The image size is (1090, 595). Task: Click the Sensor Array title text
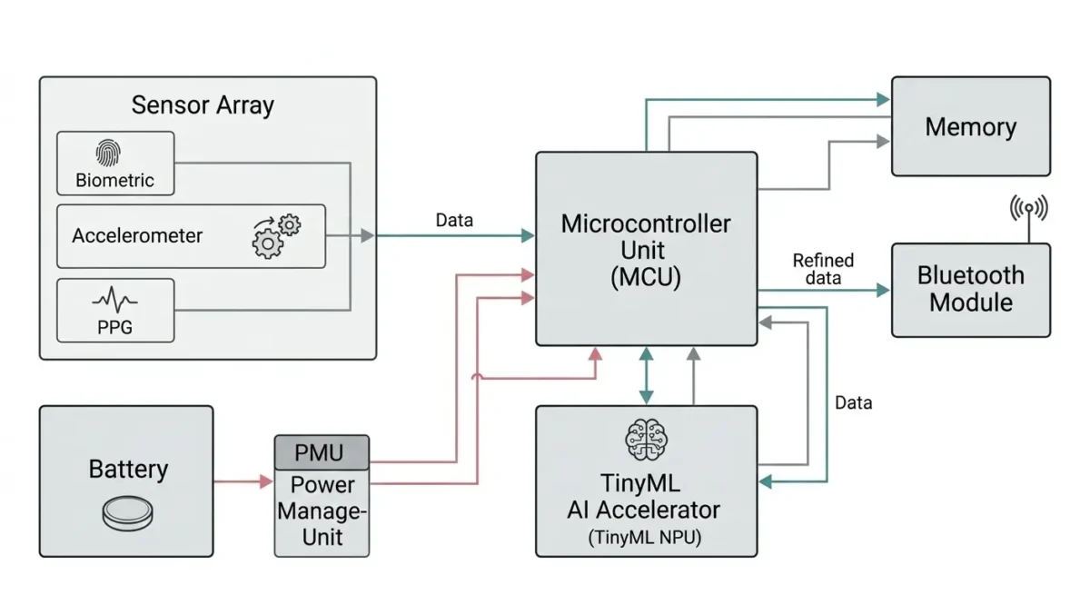pos(203,104)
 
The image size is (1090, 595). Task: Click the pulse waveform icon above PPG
pos(115,301)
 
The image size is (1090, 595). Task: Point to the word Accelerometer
pos(137,235)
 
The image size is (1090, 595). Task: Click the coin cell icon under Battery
pos(126,514)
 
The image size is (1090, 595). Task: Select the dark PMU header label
pos(322,451)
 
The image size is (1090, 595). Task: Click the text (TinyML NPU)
pos(646,537)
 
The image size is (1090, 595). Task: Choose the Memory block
pos(970,126)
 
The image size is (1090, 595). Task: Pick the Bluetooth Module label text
pos(970,289)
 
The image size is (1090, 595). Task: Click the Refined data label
pos(823,270)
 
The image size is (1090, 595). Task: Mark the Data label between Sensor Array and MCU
pos(454,220)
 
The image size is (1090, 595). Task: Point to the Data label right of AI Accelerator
pos(853,402)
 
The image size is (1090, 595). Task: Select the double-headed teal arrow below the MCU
pos(646,375)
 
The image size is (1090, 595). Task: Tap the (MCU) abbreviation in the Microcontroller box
pos(646,278)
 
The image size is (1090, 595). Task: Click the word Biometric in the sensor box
pos(114,180)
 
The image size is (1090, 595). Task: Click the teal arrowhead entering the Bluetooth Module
pos(882,290)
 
